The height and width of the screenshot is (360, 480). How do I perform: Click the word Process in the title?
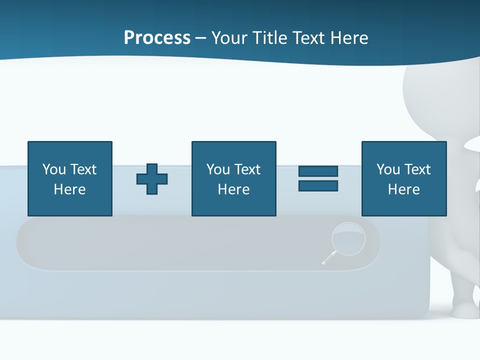coord(157,38)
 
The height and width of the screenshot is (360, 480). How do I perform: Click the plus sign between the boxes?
coord(152,179)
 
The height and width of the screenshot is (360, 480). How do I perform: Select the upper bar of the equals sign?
coord(318,171)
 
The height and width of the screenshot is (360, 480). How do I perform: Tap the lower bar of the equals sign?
coord(318,185)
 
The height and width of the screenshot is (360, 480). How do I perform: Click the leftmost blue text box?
coord(70,178)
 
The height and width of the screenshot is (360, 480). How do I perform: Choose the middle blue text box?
coord(233,178)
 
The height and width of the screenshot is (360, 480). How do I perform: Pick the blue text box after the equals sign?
coord(404,178)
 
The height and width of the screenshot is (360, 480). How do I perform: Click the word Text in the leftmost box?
coord(83,169)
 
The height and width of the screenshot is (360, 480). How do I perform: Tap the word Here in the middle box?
coord(233,189)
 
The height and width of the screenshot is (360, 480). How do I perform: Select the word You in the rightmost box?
coord(388,169)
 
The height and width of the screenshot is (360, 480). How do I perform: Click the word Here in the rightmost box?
coord(404,189)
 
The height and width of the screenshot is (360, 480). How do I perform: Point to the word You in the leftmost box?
coord(54,169)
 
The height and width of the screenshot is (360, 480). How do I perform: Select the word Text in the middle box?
coord(247,169)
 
